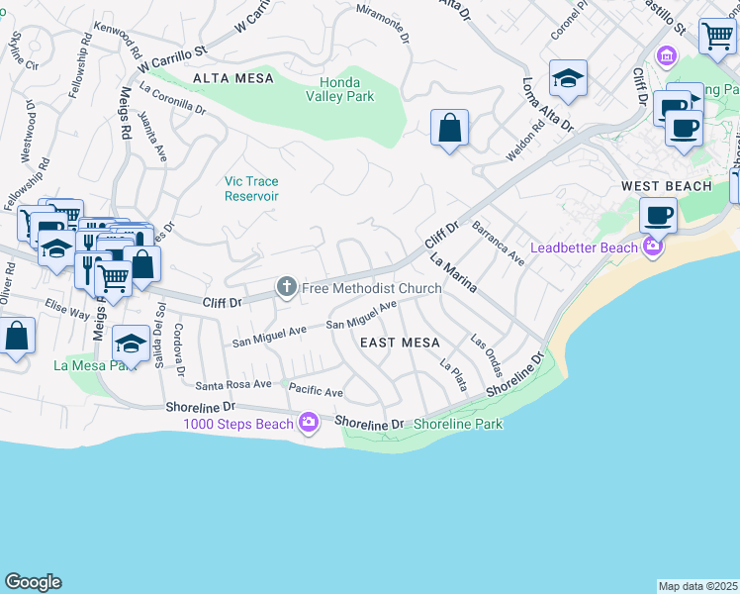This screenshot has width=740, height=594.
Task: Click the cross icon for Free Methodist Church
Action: click(287, 288)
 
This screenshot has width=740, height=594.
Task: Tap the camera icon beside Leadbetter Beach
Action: click(652, 247)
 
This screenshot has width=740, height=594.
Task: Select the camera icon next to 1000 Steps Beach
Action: click(309, 424)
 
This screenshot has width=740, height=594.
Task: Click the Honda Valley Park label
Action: click(346, 90)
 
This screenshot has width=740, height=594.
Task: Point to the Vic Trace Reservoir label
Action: click(251, 188)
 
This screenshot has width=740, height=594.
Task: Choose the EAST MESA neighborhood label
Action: click(400, 343)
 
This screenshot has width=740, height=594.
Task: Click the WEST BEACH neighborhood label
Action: click(666, 186)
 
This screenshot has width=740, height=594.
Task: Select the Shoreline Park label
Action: click(458, 424)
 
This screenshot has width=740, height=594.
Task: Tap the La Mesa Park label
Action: click(95, 365)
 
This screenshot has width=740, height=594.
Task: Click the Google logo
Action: click(33, 582)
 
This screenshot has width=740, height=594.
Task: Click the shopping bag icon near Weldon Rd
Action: click(449, 128)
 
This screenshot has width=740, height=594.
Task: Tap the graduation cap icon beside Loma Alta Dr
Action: click(568, 78)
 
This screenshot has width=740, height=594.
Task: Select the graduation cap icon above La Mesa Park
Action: click(131, 343)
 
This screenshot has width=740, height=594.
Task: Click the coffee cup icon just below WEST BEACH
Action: click(657, 214)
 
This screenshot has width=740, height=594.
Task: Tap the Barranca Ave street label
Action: click(498, 243)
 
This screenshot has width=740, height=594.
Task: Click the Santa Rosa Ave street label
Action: click(233, 384)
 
